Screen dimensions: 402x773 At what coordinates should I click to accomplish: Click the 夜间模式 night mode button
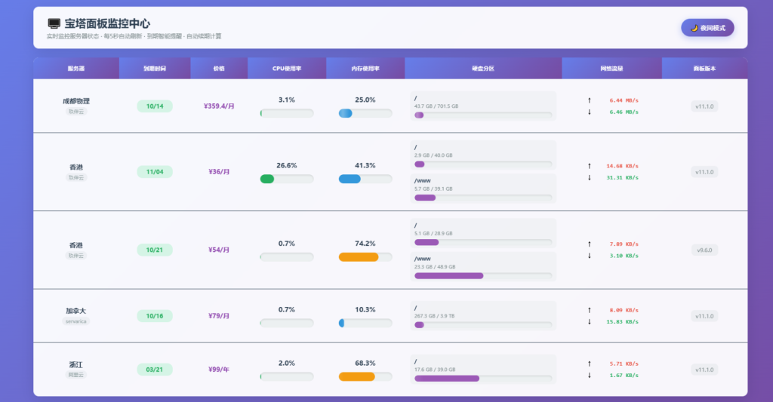pos(707,28)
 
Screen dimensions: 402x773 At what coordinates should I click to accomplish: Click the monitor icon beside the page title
pos(54,24)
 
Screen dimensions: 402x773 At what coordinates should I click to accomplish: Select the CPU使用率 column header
pos(287,69)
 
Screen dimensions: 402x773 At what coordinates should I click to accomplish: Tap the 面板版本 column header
pos(704,69)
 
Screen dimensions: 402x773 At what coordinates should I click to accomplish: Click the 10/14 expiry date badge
pos(155,106)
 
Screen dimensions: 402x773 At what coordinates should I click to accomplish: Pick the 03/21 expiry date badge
pos(155,370)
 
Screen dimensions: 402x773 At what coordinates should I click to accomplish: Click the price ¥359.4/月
pos(219,106)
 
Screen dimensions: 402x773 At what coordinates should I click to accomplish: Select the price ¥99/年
pos(219,370)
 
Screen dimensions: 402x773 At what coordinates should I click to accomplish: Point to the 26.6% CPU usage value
pos(287,165)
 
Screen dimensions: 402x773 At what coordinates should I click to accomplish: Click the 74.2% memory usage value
pos(365,244)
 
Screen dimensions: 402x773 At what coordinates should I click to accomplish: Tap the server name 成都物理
pos(76,101)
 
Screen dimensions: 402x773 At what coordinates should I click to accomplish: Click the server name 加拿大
pos(76,311)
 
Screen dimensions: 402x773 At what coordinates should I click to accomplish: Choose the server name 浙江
pos(76,364)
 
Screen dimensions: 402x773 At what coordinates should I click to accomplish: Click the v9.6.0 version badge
pos(704,250)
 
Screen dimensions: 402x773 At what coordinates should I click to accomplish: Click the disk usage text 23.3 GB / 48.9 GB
pos(435,267)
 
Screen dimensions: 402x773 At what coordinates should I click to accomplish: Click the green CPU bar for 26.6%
pos(267,180)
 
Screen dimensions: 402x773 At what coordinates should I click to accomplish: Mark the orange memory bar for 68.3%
pos(357,377)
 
